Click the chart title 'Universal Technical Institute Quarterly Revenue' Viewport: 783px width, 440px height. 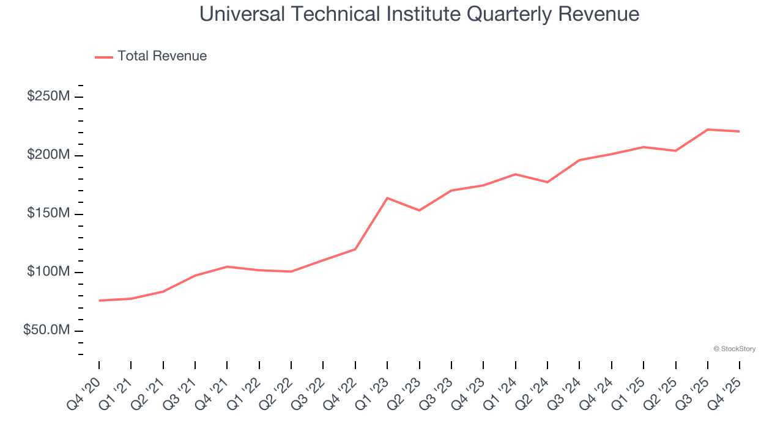[x=420, y=14]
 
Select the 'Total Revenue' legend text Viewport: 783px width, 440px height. [x=162, y=56]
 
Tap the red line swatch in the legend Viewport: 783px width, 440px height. [x=104, y=57]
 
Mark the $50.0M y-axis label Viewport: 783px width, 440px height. [x=46, y=331]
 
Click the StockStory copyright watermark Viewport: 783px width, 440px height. [x=734, y=349]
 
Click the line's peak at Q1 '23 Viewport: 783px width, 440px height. [x=387, y=198]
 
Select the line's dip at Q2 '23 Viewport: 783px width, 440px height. [x=419, y=210]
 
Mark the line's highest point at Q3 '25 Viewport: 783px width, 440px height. [x=708, y=130]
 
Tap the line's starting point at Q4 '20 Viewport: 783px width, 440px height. [x=99, y=301]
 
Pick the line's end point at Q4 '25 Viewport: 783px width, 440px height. [x=740, y=131]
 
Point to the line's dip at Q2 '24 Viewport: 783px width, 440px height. [x=547, y=182]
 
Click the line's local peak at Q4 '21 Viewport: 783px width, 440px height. [x=227, y=266]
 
